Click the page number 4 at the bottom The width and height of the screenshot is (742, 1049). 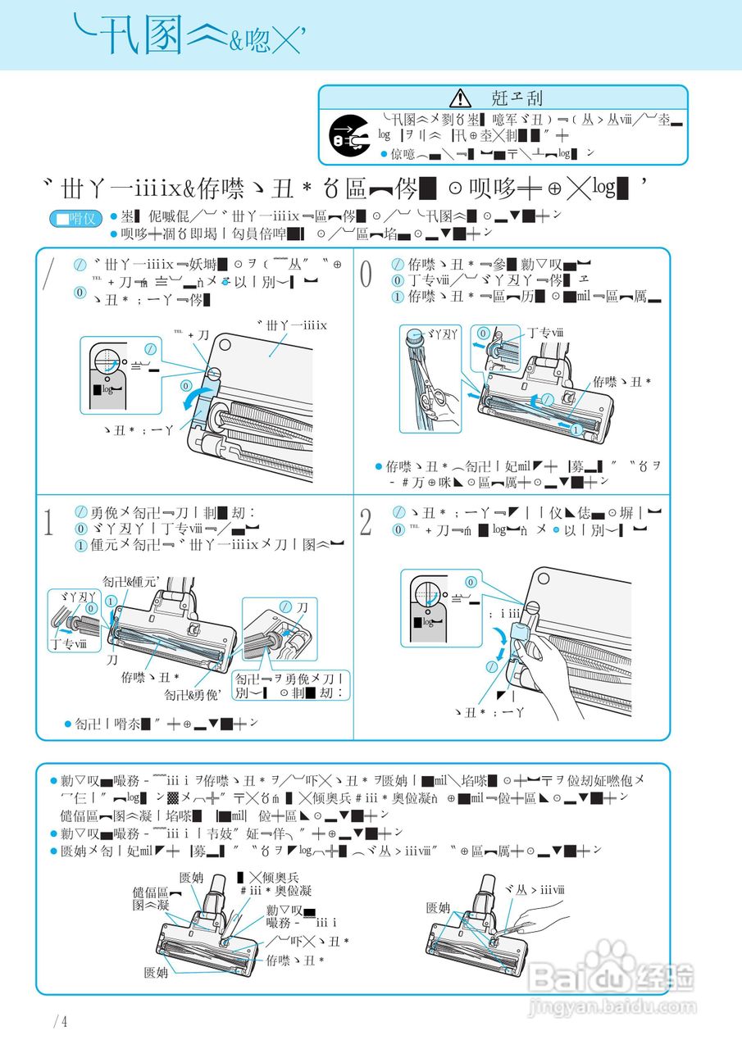click(61, 1021)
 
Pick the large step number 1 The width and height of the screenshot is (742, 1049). click(49, 522)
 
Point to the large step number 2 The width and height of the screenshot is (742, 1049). click(366, 522)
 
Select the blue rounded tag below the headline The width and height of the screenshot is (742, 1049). click(75, 219)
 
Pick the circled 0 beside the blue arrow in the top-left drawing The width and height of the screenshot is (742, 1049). click(186, 384)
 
